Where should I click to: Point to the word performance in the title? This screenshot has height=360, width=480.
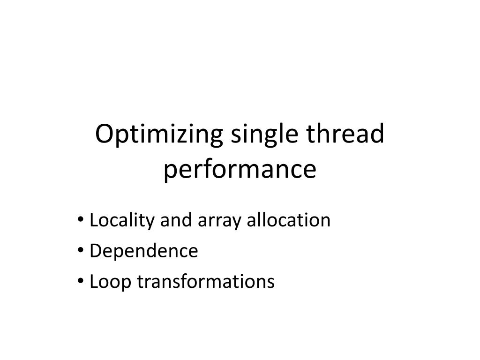pos(240,170)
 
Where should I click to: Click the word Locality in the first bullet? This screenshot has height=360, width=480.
pos(123,220)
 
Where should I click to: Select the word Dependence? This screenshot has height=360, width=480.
pos(143,251)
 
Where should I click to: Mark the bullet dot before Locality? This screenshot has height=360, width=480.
pos(82,219)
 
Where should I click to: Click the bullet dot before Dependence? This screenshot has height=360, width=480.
pos(82,250)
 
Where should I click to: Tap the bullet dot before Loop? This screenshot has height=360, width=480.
pos(82,281)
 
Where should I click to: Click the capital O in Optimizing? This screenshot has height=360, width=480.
pos(104,135)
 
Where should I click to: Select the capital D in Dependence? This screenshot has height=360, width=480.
pos(95,251)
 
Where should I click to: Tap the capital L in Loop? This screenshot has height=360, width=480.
pos(93,282)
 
